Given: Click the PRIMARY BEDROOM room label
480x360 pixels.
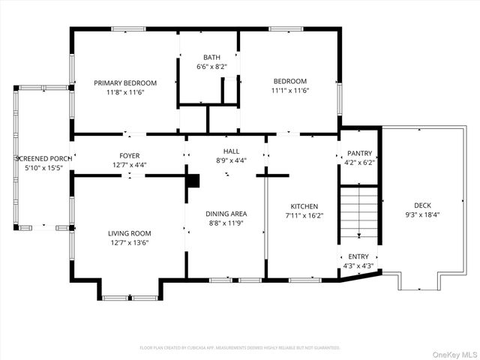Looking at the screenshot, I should tap(125, 82).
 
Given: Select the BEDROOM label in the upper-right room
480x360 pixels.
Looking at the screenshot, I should tap(289, 81).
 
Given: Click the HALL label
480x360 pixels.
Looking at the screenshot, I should tap(231, 151).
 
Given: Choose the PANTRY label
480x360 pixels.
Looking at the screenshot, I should tap(358, 153).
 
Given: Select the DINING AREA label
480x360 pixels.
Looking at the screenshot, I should tap(226, 214).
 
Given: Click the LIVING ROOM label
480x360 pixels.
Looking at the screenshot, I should tap(130, 233).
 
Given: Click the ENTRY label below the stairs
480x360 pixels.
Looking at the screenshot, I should tap(358, 256).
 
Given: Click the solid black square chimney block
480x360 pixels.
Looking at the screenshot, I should tap(193, 181).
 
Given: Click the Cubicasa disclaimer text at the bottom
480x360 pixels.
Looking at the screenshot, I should tap(240, 348).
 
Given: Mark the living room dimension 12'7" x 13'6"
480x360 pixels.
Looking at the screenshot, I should tap(130, 242).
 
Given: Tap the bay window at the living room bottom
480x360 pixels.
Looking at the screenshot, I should tap(130, 298).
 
